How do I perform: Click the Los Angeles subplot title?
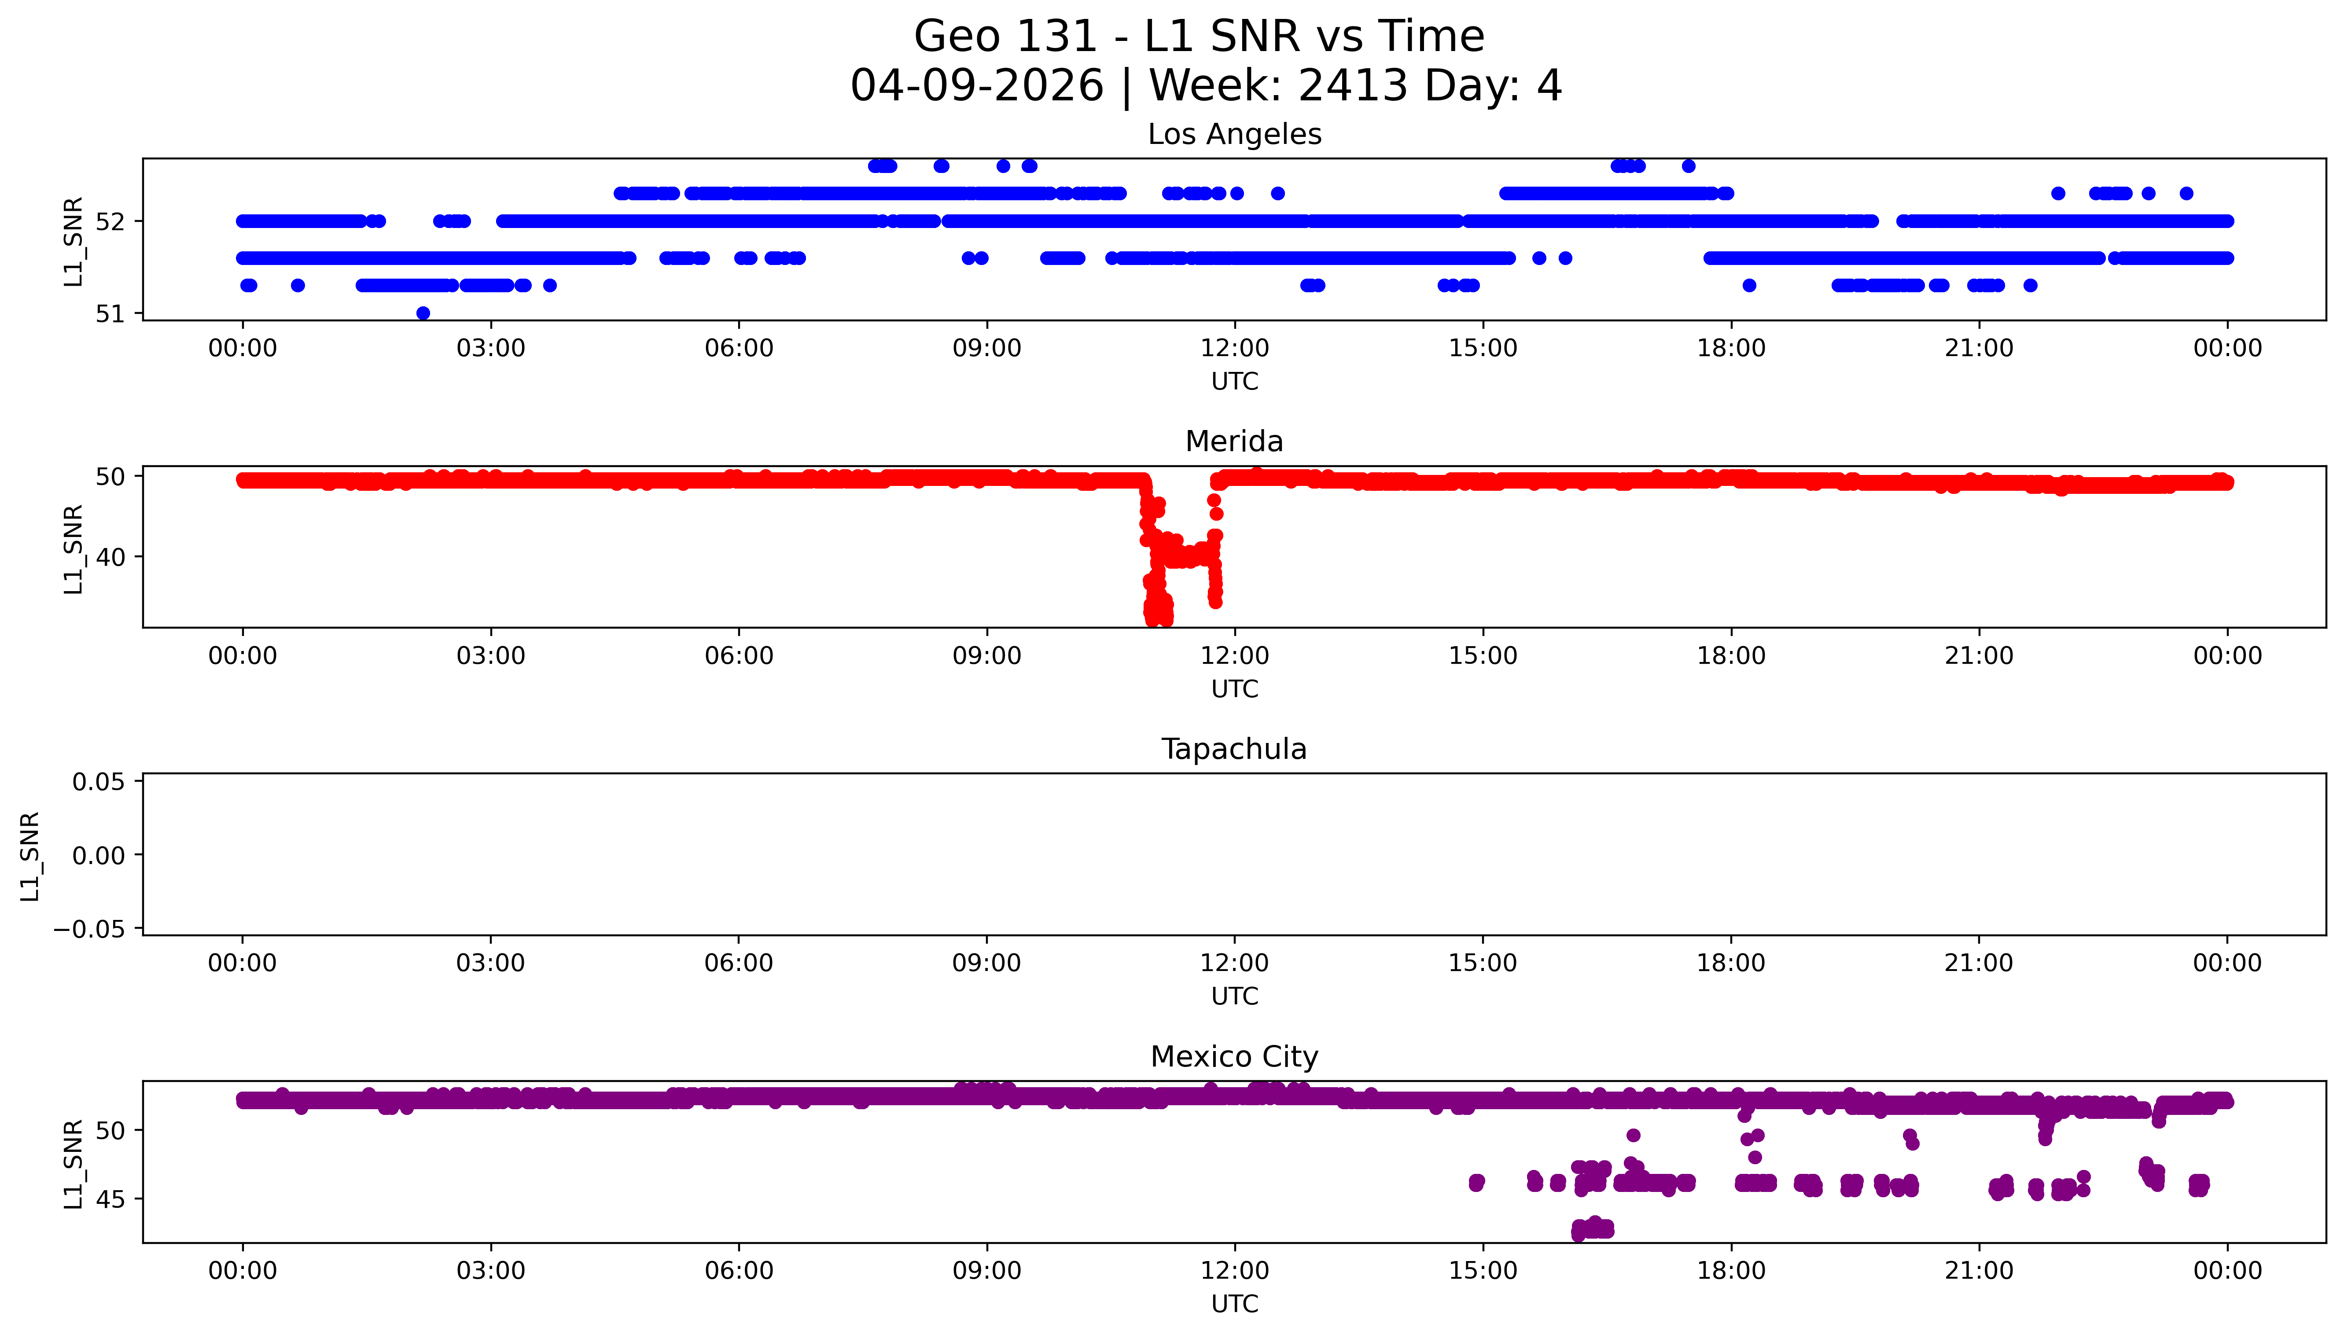[1234, 135]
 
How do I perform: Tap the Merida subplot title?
[1234, 442]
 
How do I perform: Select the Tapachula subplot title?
[1234, 749]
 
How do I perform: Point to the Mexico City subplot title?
[1234, 1057]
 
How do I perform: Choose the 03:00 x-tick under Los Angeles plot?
[490, 349]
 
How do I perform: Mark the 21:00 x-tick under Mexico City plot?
[1979, 1271]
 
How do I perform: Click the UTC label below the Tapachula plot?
[1234, 997]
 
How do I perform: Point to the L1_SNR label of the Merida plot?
[74, 548]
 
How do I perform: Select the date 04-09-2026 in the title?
[976, 86]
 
